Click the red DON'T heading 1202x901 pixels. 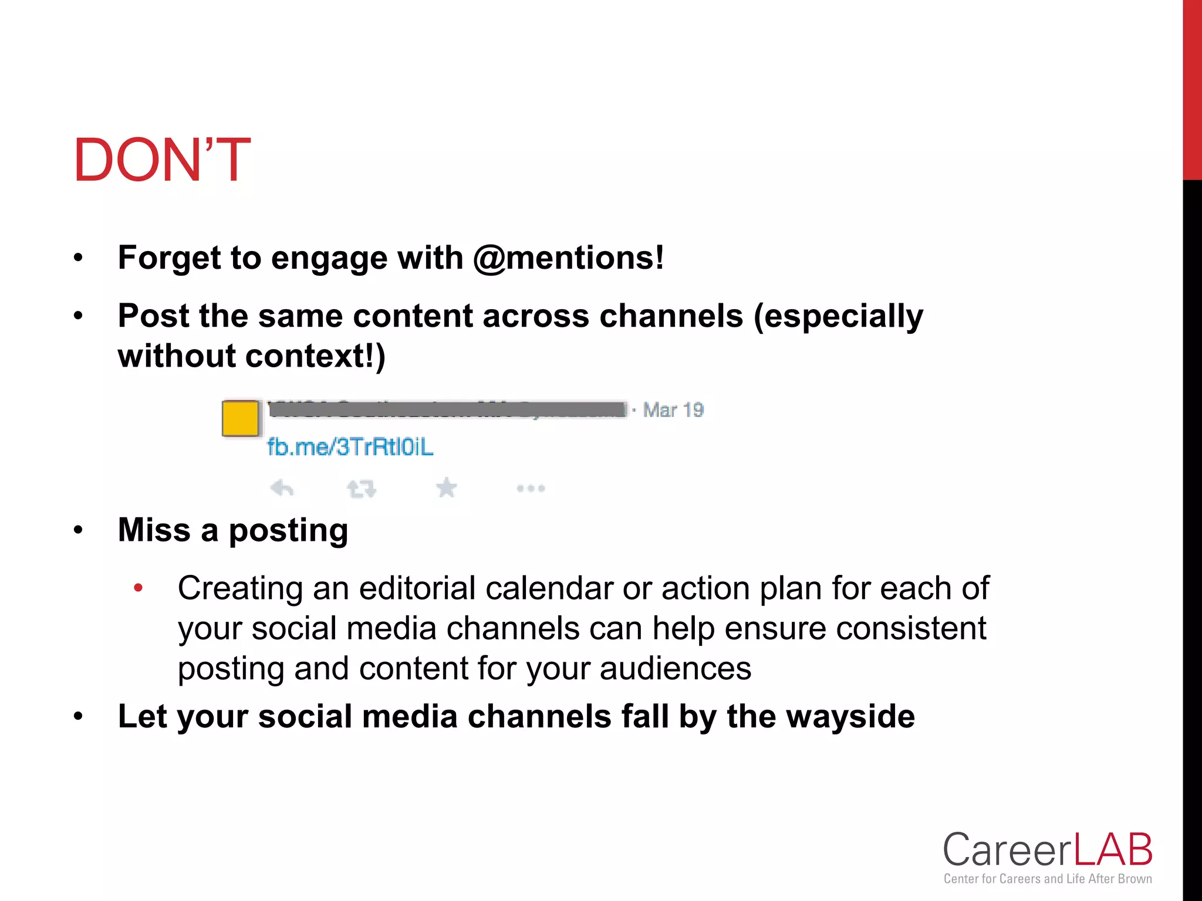162,160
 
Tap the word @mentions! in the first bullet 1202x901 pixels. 568,258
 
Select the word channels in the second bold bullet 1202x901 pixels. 671,316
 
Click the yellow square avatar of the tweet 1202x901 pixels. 240,418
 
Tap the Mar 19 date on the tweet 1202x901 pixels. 673,409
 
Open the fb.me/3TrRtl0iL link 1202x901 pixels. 350,447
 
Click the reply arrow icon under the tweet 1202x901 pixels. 282,487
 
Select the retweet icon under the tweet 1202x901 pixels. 361,488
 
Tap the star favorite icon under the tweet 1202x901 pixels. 447,487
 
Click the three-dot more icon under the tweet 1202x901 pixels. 531,488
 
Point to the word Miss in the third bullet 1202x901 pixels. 154,530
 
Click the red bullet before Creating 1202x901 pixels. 138,587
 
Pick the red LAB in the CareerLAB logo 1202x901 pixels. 1113,850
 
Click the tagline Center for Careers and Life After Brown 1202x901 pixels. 1048,879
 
